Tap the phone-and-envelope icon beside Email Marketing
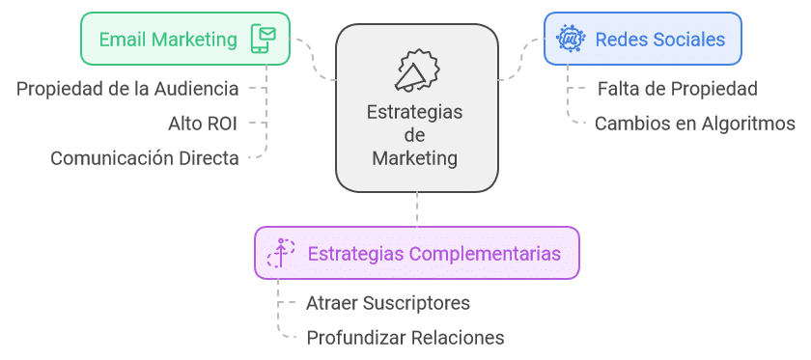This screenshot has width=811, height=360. coord(264,39)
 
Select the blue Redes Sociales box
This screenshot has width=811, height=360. coord(642,39)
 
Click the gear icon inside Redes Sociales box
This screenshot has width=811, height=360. coord(570,40)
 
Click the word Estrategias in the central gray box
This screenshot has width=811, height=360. coord(415,112)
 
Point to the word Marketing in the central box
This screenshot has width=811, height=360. coord(415,157)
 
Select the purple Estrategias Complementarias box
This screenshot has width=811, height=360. coord(417,254)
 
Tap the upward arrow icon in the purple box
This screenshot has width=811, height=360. coord(281,254)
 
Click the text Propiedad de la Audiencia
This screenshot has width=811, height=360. coord(127,89)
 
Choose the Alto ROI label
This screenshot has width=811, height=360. coord(202,123)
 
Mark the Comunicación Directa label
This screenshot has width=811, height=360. coord(145,157)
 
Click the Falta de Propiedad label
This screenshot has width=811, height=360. coord(677,89)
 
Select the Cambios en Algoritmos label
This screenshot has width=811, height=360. coord(694,123)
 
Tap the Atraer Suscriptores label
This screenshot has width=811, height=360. coord(388,303)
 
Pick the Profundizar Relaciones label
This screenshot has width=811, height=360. coord(405,337)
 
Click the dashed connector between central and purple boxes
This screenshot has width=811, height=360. coord(417,208)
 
